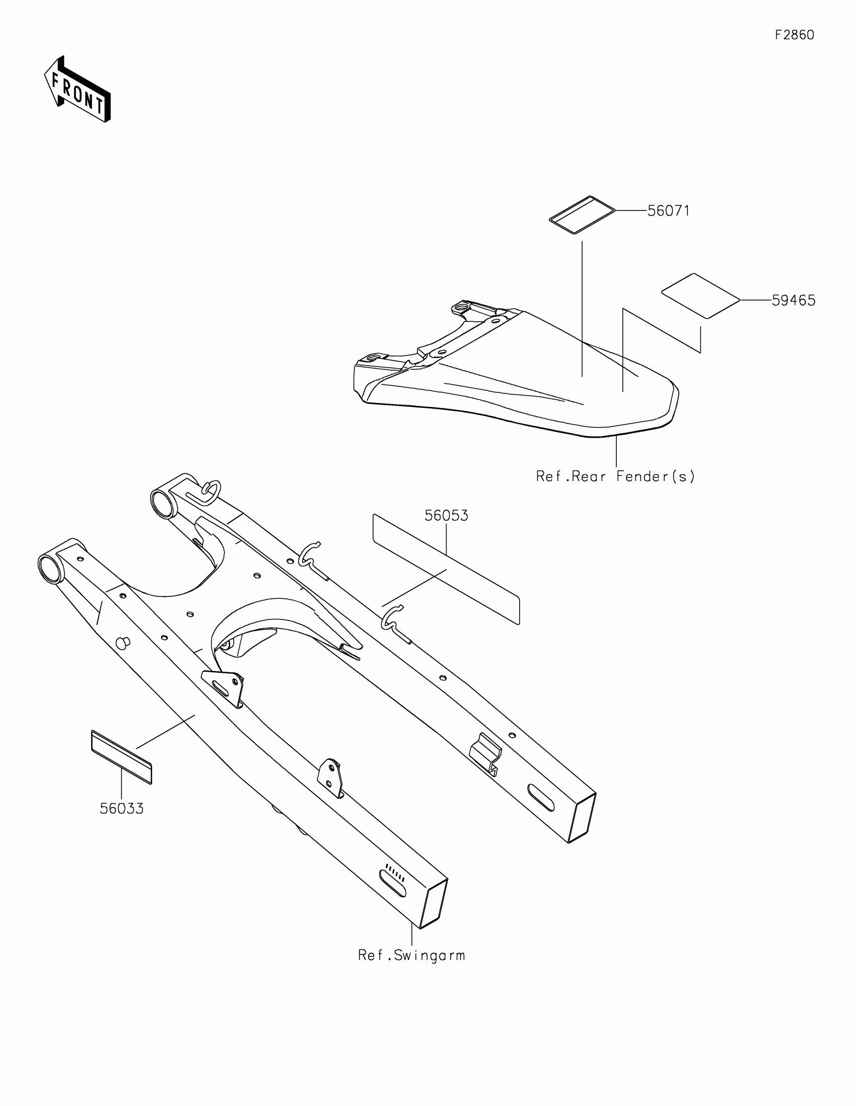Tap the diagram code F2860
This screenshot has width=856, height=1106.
[794, 35]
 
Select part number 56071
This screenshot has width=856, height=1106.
[668, 211]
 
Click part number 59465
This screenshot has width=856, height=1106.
[793, 300]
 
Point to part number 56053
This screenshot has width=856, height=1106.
[446, 516]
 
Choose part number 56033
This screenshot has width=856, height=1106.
[121, 808]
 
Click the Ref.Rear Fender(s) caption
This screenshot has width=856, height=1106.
[615, 476]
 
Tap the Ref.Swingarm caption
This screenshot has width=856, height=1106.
[411, 955]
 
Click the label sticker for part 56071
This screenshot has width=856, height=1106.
[582, 215]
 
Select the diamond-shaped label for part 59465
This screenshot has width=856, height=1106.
[700, 296]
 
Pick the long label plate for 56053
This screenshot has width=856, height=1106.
[446, 569]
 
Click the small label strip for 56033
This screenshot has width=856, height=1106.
[121, 756]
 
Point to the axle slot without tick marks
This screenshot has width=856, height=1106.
[541, 798]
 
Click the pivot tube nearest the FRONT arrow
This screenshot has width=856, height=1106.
[51, 569]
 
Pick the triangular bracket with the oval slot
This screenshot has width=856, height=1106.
[222, 686]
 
